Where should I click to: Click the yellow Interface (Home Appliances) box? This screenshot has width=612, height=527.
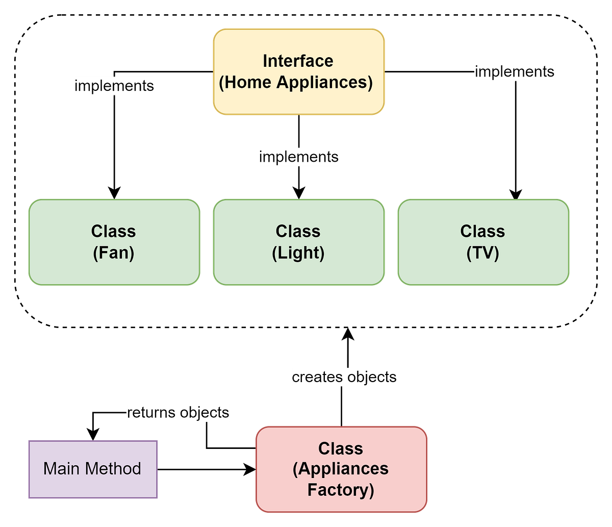point(298,71)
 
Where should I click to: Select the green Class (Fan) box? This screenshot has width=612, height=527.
point(114,242)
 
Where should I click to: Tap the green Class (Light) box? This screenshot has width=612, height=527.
point(298,242)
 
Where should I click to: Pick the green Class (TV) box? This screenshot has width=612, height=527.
point(483,242)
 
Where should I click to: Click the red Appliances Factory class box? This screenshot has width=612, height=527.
point(341,469)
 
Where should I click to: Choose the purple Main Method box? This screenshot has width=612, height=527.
point(92,469)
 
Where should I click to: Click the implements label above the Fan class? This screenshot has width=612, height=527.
point(114,86)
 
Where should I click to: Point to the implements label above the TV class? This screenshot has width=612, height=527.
point(514,71)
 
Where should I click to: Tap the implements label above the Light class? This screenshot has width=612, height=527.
point(298,157)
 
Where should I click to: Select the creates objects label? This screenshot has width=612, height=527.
point(344,377)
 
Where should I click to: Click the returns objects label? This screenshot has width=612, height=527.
point(178,412)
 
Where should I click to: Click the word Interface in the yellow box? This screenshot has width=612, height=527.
point(298,61)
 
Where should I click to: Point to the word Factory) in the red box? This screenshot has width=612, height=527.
point(341,490)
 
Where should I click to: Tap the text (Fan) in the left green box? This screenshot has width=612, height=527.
point(114,253)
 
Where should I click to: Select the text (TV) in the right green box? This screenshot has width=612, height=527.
point(483,253)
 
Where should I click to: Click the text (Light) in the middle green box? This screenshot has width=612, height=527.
point(298,253)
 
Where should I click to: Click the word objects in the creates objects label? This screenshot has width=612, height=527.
point(371,377)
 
